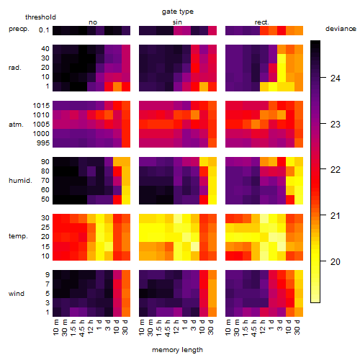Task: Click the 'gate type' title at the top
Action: pyautogui.click(x=178, y=12)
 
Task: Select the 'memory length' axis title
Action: pyautogui.click(x=177, y=350)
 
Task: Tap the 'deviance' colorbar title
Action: pyautogui.click(x=341, y=29)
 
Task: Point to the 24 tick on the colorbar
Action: pyautogui.click(x=323, y=78)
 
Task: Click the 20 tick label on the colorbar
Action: pyautogui.click(x=336, y=261)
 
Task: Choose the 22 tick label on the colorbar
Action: pyautogui.click(x=336, y=170)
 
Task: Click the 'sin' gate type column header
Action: pyautogui.click(x=177, y=22)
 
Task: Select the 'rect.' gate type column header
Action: pyautogui.click(x=262, y=22)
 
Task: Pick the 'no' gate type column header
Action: pyautogui.click(x=93, y=22)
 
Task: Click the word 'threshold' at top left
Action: pyautogui.click(x=40, y=17)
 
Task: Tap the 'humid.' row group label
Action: pyautogui.click(x=20, y=181)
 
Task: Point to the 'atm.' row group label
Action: pyautogui.click(x=16, y=125)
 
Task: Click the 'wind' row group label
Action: pyautogui.click(x=17, y=294)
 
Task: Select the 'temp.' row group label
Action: pyautogui.click(x=18, y=236)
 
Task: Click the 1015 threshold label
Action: pyautogui.click(x=41, y=106)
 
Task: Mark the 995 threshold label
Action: pyautogui.click(x=43, y=143)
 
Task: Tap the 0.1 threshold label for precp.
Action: pyautogui.click(x=44, y=30)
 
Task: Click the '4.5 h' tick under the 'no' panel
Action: pyautogui.click(x=82, y=328)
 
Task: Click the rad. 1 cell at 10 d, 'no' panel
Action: pyautogui.click(x=117, y=86)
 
